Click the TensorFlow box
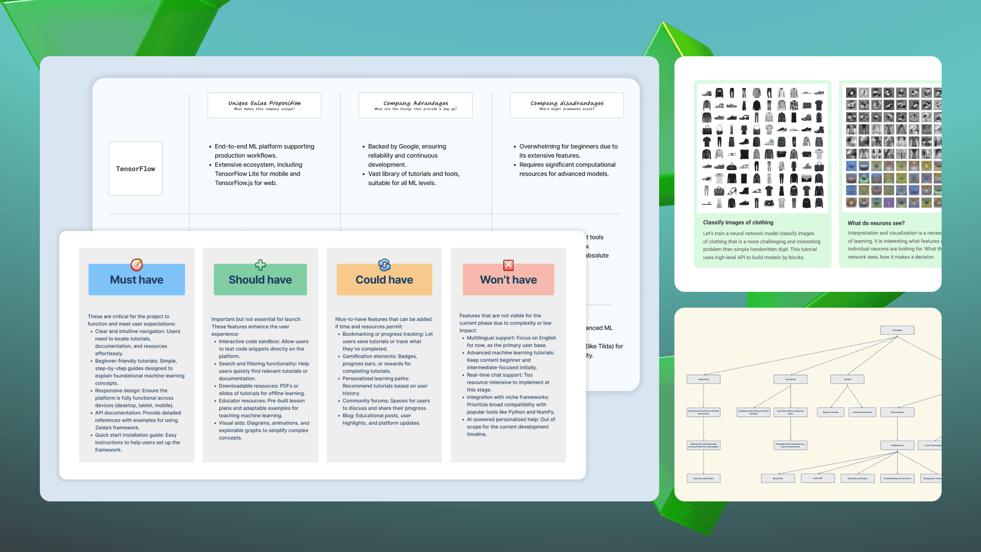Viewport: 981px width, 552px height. coord(135,169)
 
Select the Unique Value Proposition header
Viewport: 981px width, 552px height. coord(264,105)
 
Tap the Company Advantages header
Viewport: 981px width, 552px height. coord(415,105)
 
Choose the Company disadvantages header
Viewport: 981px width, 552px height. coord(567,105)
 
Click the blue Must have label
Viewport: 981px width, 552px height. coord(136,280)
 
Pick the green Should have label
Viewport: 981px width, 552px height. coord(260,280)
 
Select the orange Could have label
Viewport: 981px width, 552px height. coord(384,280)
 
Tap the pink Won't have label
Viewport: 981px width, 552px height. coord(508,280)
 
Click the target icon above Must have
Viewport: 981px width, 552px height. coord(136,265)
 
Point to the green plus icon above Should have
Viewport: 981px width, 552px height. coord(261,265)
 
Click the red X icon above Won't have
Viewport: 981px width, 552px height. coord(508,265)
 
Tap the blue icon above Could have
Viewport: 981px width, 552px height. coord(384,265)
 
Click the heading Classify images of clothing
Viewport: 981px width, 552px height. coord(738,222)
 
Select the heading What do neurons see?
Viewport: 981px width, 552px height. coord(876,223)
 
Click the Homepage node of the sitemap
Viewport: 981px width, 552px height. coord(897,330)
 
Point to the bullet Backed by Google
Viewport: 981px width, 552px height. coord(407,146)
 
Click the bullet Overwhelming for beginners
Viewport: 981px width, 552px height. coord(568,146)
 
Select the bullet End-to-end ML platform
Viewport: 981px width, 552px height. coord(264,146)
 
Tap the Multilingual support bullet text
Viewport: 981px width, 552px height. coord(511,338)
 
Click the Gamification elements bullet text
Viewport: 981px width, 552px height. coord(379,356)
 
